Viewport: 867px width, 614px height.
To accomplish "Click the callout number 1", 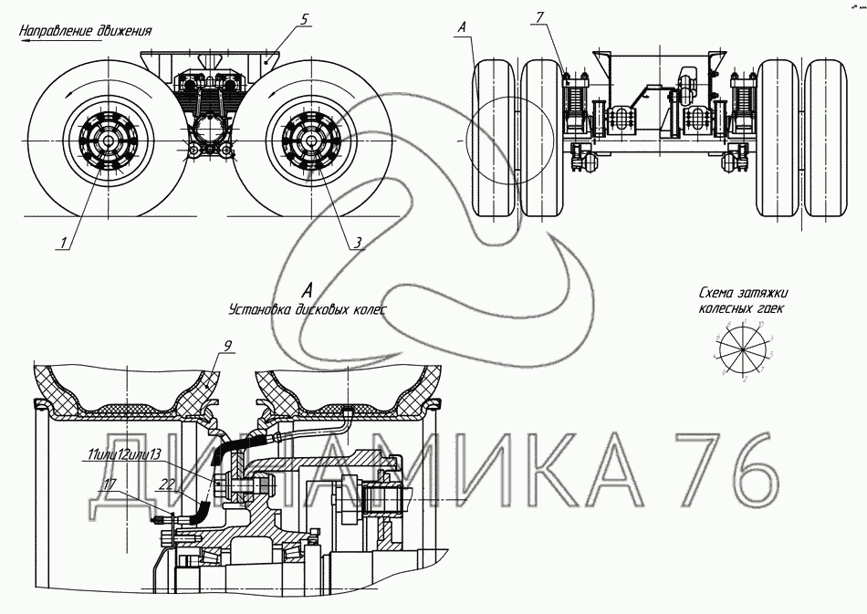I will click(63, 242).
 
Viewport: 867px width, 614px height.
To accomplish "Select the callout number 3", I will click(359, 242).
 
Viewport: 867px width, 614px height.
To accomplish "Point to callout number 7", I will click(538, 18).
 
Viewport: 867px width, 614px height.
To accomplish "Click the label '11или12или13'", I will click(124, 454).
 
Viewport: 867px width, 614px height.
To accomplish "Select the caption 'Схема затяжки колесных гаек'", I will click(742, 301).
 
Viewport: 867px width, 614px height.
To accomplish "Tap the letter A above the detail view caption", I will click(308, 291).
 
